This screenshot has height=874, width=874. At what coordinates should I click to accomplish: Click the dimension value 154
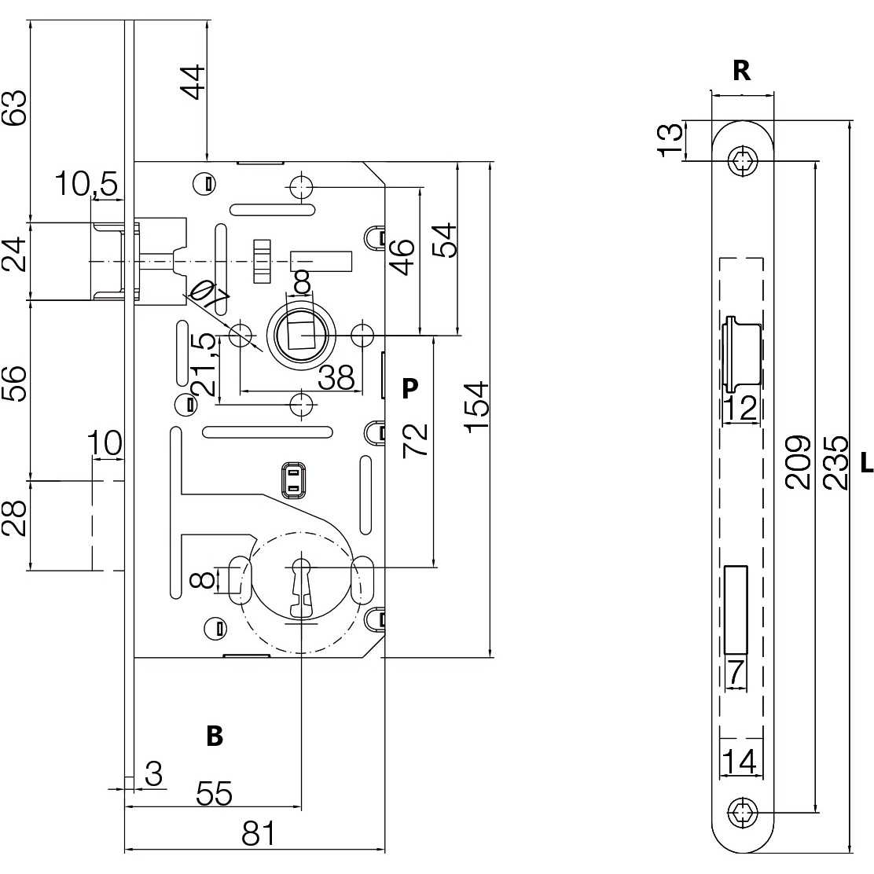pos(477,407)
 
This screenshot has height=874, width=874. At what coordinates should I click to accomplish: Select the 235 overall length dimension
pos(835,463)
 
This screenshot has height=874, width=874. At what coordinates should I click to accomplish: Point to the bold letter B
pos(215,736)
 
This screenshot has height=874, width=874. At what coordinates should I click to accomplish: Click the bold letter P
pos(409,388)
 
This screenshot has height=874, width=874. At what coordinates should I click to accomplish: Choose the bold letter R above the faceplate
pos(741,71)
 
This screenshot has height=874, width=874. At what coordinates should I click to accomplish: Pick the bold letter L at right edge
pos(867,462)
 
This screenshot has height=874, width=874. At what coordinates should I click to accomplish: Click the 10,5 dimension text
pos(87,183)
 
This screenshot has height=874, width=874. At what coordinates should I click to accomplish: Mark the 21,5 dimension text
pos(203,365)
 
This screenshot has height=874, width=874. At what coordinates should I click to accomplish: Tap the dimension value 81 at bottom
pos(259,834)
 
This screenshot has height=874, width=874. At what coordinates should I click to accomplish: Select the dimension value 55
pos(214,793)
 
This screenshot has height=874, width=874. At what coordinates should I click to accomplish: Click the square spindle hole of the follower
pos(301,335)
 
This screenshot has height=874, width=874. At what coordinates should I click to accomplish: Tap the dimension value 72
pos(415,440)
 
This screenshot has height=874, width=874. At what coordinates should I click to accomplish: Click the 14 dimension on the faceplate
pos(740,761)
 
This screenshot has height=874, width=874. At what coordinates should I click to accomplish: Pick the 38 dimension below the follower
pos(336,377)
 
